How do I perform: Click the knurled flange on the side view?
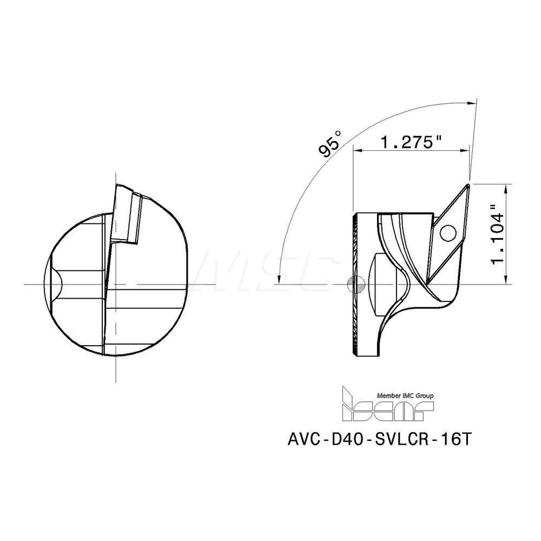(x=355, y=284)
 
